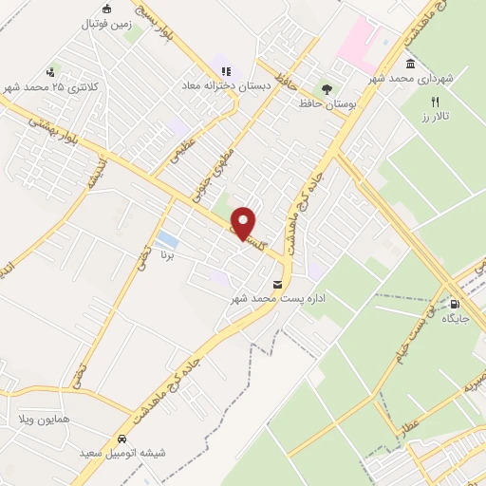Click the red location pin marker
tap(244, 222)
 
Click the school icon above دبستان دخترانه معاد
tap(226, 70)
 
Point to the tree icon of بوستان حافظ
tap(327, 89)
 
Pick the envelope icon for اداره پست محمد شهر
tap(277, 285)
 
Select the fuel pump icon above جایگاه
tap(454, 305)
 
